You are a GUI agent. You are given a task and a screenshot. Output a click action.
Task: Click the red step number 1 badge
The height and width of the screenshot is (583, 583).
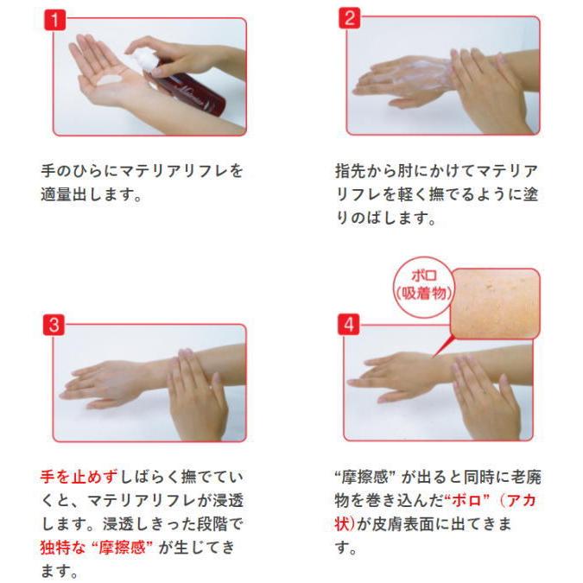[54, 20]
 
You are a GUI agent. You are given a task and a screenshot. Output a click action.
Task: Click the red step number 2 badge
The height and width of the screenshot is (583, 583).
[349, 18]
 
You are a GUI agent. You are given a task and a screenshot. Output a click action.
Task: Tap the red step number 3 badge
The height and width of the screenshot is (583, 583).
[54, 325]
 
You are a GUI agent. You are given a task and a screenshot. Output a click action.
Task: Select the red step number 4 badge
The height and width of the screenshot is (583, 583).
[348, 324]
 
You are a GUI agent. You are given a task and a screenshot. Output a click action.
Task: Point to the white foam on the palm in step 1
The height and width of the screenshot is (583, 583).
[111, 79]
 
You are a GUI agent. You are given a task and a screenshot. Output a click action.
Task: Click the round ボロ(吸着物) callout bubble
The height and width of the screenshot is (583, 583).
[424, 286]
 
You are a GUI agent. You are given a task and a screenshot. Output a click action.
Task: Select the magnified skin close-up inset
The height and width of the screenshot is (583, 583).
[495, 303]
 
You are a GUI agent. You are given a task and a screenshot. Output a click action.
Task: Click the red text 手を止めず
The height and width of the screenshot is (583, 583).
[79, 477]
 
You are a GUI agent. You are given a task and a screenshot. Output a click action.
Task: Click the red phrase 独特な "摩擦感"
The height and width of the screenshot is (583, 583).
[97, 548]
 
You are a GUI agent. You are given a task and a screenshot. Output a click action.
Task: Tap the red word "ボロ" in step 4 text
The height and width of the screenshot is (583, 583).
[467, 500]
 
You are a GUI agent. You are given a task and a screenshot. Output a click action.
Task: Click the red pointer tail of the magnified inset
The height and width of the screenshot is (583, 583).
[443, 345]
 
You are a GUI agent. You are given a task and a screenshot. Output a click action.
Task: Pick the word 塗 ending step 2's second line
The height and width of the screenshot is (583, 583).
[530, 194]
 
